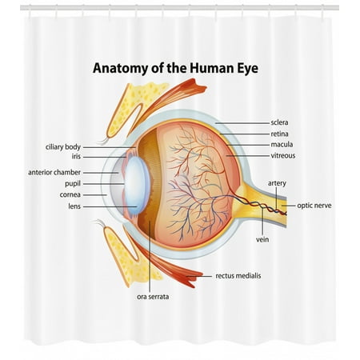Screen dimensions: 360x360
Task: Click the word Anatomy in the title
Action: pyautogui.click(x=121, y=69)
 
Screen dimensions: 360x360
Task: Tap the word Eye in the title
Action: pyautogui.click(x=248, y=69)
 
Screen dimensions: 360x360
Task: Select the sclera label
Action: pyautogui.click(x=279, y=122)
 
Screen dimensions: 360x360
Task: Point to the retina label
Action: pyautogui.click(x=279, y=134)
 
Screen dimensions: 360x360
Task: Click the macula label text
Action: pyautogui.click(x=282, y=145)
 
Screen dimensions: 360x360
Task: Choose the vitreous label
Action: pyautogui.click(x=283, y=155)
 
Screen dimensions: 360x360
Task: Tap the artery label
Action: pyautogui.click(x=277, y=183)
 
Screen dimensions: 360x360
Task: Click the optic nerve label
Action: pyautogui.click(x=314, y=206)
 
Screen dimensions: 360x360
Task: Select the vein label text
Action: pyautogui.click(x=262, y=240)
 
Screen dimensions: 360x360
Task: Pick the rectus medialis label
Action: pyautogui.click(x=238, y=276)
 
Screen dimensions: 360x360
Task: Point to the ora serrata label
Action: pyautogui.click(x=153, y=297)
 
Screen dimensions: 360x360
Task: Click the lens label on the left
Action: pyautogui.click(x=74, y=206)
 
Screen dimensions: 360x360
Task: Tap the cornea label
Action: pyautogui.click(x=70, y=195)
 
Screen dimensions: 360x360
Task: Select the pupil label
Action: pyautogui.click(x=73, y=184)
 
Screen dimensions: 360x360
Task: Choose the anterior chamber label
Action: pyautogui.click(x=54, y=173)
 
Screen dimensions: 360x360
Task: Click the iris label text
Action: pyautogui.click(x=76, y=157)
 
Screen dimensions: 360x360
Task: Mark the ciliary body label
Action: pyautogui.click(x=63, y=147)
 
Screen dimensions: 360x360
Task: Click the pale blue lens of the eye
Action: pyautogui.click(x=137, y=185)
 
